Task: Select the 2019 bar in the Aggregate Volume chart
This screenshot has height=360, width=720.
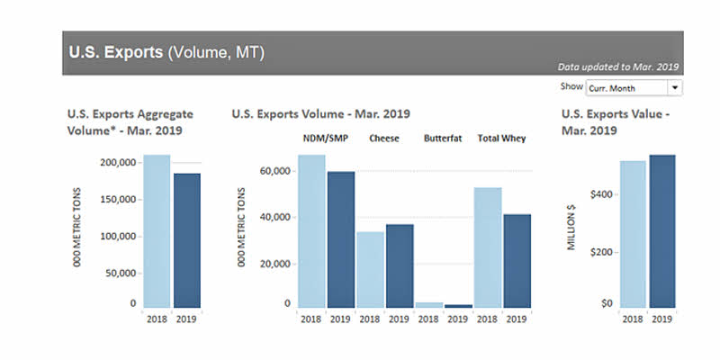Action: pyautogui.click(x=187, y=240)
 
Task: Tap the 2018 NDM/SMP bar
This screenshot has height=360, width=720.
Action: pyautogui.click(x=311, y=231)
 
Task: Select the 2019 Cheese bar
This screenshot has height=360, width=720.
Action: pyautogui.click(x=400, y=266)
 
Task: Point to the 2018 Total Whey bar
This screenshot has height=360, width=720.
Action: pyautogui.click(x=488, y=247)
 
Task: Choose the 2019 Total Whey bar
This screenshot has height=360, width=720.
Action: pyautogui.click(x=517, y=261)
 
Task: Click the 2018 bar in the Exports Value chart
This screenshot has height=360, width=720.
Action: pyautogui.click(x=633, y=234)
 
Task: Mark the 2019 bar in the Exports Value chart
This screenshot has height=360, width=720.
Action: pyautogui.click(x=661, y=231)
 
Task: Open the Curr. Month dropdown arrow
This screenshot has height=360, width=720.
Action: pyautogui.click(x=674, y=88)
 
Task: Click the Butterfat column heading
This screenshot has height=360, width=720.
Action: pyautogui.click(x=443, y=139)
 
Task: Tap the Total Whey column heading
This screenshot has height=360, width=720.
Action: pyautogui.click(x=501, y=139)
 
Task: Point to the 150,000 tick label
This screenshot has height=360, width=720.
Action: pyautogui.click(x=117, y=200)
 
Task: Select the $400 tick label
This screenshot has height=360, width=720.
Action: pyautogui.click(x=598, y=194)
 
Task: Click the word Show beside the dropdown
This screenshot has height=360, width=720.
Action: pyautogui.click(x=571, y=87)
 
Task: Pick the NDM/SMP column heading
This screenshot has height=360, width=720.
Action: pyautogui.click(x=326, y=139)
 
